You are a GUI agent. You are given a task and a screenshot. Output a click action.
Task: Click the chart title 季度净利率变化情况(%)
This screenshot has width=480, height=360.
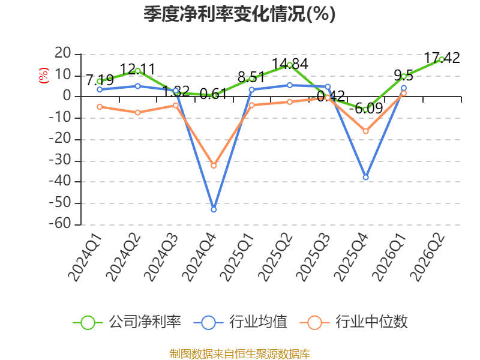(239, 14)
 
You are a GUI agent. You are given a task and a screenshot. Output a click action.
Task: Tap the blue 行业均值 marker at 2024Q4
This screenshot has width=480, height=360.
(214, 209)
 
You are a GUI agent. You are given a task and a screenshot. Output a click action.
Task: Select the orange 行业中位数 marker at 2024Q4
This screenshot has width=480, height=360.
(214, 166)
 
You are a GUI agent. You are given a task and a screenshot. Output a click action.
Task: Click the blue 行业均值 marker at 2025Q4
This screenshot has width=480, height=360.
(365, 177)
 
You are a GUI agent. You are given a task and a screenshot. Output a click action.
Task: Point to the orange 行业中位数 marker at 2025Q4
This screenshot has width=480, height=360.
(365, 131)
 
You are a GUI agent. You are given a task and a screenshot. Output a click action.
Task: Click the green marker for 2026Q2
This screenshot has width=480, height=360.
(442, 59)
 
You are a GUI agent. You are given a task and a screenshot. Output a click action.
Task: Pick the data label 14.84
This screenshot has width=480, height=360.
(290, 64)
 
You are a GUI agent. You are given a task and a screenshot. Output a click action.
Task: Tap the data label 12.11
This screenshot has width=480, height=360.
(138, 69)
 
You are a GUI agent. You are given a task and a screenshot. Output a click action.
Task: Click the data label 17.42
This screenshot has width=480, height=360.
(442, 58)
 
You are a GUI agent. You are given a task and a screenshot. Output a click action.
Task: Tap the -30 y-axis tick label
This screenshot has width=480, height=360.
(59, 160)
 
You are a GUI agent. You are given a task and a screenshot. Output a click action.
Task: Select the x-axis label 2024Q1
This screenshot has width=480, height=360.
(85, 257)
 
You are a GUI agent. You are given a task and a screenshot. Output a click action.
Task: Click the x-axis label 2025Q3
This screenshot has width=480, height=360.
(313, 257)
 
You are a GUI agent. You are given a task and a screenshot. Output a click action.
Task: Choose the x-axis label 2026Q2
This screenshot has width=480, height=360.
(428, 257)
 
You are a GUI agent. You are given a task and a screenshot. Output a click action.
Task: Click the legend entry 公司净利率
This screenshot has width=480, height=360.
(127, 322)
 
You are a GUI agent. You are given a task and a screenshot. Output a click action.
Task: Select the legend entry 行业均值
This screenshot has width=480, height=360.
(241, 322)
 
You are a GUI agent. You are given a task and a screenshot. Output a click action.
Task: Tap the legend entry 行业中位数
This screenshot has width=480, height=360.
(354, 322)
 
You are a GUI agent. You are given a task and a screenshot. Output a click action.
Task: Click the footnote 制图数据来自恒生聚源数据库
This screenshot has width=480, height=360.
(239, 354)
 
